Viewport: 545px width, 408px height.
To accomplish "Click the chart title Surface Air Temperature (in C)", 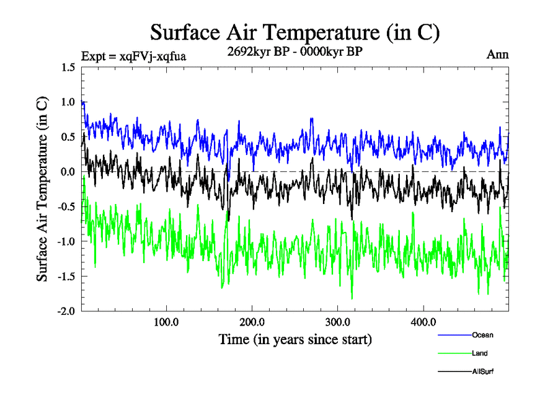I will [294, 32].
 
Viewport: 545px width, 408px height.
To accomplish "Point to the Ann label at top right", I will [497, 54].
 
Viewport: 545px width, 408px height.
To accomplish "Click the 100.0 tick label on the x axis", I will [166, 322].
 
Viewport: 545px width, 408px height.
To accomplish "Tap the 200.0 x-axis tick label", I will [252, 322].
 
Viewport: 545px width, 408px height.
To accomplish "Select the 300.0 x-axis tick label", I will [338, 322].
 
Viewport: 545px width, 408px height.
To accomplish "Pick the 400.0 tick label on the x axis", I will [424, 322].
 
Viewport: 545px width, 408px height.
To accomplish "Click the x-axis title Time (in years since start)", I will [295, 339].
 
